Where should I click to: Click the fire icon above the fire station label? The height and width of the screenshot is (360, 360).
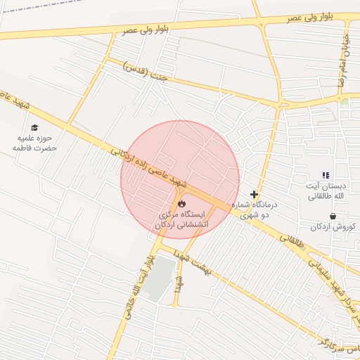[183, 202]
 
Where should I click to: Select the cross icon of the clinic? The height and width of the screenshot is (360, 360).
[254, 194]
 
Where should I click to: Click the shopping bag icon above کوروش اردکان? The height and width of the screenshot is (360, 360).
[332, 216]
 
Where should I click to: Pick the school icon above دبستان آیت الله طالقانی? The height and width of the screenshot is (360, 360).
[325, 175]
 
